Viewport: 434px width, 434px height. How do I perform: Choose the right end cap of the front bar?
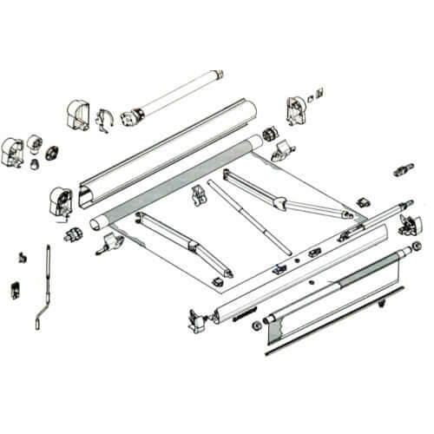[x=405, y=224]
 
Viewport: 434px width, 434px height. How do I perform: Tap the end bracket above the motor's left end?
[x=79, y=113]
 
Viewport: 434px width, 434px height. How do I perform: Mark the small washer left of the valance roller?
[x=254, y=327]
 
